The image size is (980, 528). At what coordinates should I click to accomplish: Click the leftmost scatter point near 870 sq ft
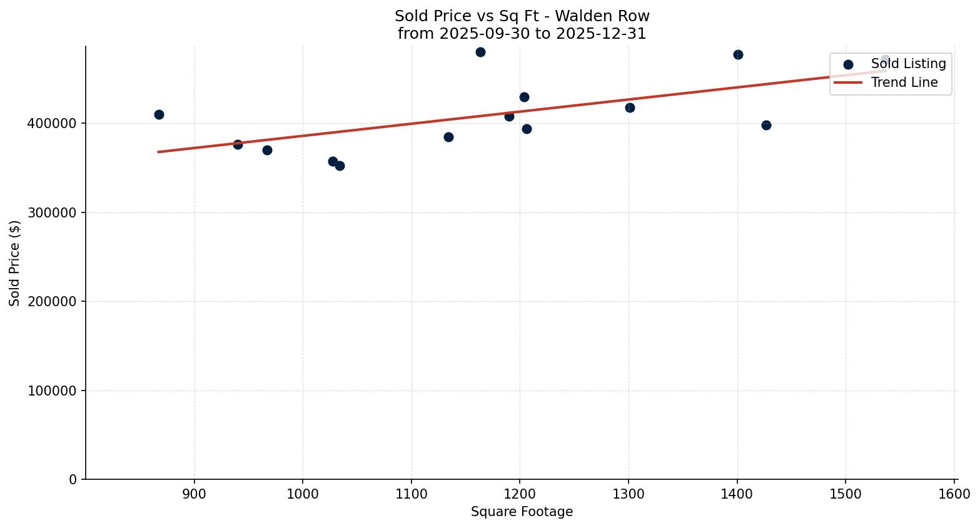[159, 114]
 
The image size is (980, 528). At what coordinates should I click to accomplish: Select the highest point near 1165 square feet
[480, 52]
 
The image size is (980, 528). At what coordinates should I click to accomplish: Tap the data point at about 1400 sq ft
[738, 54]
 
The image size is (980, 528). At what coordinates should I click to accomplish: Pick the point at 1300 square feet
[630, 107]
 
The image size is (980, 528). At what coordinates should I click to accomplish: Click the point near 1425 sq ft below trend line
[766, 125]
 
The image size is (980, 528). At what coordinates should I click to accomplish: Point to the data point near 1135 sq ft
[448, 137]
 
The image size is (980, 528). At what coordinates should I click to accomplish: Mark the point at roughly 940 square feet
[238, 144]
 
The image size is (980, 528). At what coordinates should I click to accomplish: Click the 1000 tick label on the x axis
[303, 494]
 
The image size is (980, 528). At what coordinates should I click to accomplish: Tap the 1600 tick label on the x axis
[954, 494]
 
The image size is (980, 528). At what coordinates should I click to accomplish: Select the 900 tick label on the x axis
[194, 494]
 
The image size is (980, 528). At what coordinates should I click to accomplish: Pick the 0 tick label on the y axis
[73, 480]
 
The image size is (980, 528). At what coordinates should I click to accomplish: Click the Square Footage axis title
[522, 512]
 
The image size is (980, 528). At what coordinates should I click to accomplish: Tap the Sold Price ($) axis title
[15, 263]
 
